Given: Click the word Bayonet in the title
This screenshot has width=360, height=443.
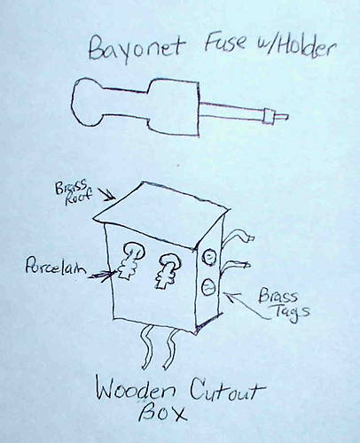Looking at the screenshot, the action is coord(137,51).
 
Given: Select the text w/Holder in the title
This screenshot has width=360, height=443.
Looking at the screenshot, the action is coord(295,48).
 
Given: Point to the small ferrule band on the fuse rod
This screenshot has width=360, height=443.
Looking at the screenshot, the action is coord(269,116).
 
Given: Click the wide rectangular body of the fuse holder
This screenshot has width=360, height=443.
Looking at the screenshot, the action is coord(173,108).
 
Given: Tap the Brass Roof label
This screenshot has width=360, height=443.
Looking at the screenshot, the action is coord(74,192).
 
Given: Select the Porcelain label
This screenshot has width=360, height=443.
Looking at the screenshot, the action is coord(55,267).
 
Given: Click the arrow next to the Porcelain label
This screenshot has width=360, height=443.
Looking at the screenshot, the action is coord(102,276).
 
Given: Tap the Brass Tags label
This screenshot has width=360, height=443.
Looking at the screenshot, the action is coord(284,304).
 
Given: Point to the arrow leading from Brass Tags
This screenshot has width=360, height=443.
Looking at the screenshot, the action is coord(246,306).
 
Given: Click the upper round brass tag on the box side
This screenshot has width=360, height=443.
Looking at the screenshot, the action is coord(209,257).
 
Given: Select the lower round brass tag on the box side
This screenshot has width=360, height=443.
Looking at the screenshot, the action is coord(208,286).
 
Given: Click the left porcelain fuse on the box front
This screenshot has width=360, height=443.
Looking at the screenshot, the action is coord(130,260).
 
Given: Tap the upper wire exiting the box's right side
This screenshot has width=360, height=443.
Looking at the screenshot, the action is coord(237,237).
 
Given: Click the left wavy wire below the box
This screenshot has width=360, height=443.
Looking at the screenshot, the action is coord(148,347).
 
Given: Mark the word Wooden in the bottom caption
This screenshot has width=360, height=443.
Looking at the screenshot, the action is coord(137,391).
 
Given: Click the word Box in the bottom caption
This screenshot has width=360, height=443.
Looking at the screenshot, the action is coord(162,414).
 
